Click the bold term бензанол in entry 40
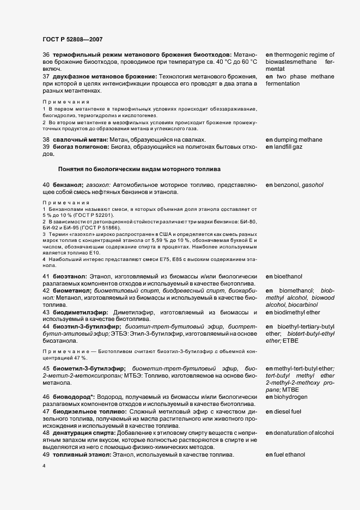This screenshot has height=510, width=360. pyautogui.click(x=68, y=185)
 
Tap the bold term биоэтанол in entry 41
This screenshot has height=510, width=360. pyautogui.click(x=69, y=277)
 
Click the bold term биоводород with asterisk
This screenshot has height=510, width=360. pyautogui.click(x=75, y=397)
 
